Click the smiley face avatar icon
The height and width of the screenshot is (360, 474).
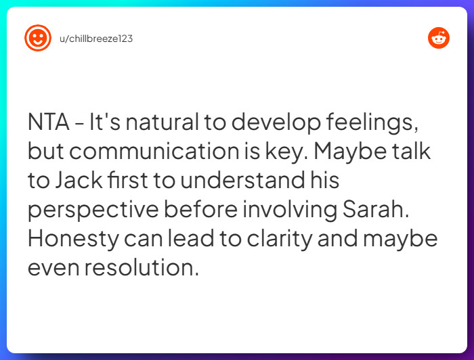click(38, 38)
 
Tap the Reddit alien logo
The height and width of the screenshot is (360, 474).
click(439, 38)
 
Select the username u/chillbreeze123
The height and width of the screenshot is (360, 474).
click(96, 39)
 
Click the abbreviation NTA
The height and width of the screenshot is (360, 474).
click(48, 122)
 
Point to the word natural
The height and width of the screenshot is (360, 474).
click(163, 122)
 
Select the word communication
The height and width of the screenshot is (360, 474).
click(154, 151)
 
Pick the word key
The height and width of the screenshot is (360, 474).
click(287, 153)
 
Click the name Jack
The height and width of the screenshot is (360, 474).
click(79, 180)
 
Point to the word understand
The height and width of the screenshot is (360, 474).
click(242, 180)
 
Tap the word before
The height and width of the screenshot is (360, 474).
click(200, 209)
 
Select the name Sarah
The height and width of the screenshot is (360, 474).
click(376, 209)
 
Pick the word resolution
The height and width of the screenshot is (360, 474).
click(142, 267)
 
